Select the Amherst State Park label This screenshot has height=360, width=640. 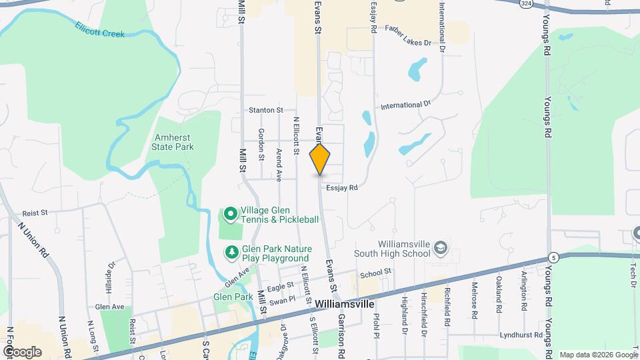[x=173, y=142]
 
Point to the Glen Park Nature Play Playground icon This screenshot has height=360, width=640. [x=231, y=252]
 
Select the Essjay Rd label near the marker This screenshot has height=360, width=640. [x=343, y=189]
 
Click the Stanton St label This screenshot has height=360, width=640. [x=265, y=110]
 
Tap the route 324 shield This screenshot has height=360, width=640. [x=527, y=4]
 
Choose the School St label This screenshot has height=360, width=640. [x=375, y=273]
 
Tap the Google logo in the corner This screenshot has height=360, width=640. [x=22, y=351]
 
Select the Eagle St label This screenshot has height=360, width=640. [x=281, y=287]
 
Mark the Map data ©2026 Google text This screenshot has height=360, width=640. [x=597, y=355]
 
